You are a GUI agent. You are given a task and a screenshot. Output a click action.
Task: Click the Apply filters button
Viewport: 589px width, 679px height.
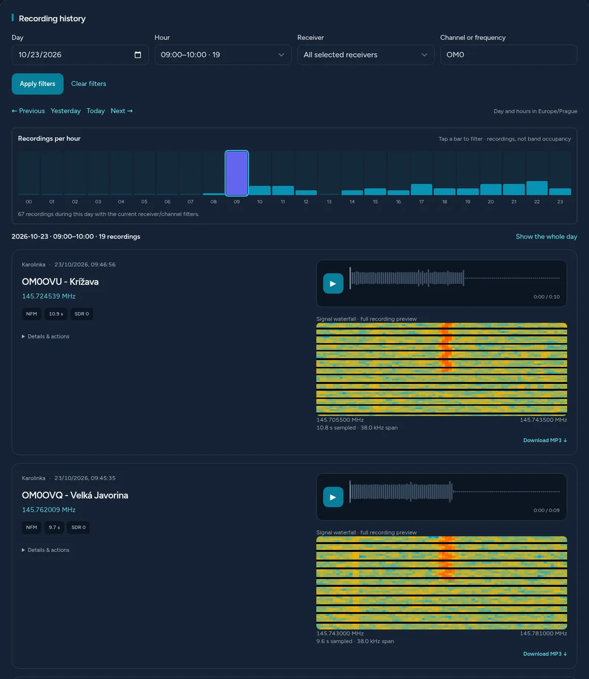point(37,84)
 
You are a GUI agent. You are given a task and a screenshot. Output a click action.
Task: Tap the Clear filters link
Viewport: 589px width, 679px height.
point(89,84)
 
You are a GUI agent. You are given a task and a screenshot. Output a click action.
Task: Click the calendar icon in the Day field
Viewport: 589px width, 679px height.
point(138,55)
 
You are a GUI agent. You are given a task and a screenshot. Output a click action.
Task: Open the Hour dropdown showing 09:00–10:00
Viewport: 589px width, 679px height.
point(223,55)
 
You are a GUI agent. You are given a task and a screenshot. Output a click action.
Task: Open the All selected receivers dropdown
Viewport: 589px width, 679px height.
point(366,55)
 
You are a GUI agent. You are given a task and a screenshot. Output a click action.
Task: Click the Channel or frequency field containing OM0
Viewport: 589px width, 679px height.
point(508,55)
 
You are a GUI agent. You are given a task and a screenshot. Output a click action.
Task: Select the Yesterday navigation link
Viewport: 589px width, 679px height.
point(65,111)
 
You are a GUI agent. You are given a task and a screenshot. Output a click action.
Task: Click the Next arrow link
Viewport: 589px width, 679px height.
point(122,111)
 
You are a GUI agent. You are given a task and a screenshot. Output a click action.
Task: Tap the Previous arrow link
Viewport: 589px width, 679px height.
point(28,111)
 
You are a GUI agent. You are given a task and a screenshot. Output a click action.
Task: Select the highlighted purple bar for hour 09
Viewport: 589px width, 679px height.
point(237,173)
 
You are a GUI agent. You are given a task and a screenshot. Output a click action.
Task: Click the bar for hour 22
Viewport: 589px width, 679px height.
point(537,188)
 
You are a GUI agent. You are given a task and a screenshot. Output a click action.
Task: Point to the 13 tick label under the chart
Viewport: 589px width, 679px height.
point(329,202)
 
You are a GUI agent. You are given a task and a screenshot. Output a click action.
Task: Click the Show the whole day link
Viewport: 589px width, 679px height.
point(546,237)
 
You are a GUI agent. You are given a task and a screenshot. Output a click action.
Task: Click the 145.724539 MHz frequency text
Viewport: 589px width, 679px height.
point(49,296)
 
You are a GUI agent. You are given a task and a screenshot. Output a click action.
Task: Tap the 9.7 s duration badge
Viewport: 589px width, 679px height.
point(54,527)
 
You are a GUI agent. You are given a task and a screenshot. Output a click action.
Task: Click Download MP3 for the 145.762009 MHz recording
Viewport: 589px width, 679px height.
point(545,654)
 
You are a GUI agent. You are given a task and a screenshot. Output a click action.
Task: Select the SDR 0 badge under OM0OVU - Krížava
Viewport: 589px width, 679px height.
point(82,314)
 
